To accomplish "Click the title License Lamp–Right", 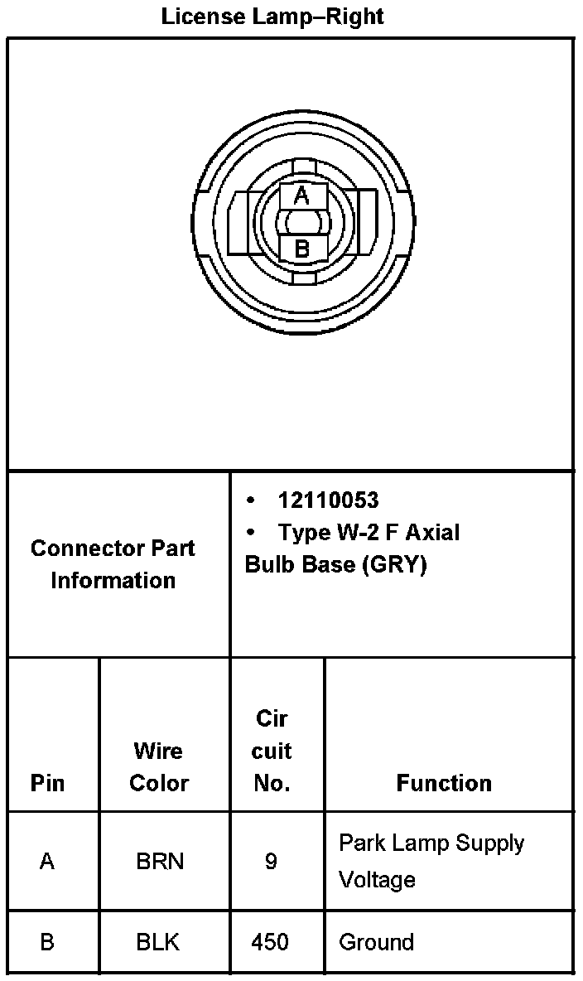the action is coord(272,16).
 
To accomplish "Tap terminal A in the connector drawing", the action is coord(302,196).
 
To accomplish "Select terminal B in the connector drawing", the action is coord(302,248).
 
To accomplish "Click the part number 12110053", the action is coord(328,500).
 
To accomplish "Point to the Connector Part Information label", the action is coord(113,563).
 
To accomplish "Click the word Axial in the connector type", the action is coord(431,532).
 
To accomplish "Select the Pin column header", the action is coord(47,783).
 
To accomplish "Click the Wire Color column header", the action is coord(159,766).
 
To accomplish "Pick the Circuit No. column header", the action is coord(272,751).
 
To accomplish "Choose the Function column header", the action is coord(444,783).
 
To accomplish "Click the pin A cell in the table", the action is coord(47,862).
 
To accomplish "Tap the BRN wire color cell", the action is coord(160,862).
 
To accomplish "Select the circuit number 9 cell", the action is coord(271,862).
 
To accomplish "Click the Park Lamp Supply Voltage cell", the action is coord(431,861).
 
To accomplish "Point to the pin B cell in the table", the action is coord(47,942).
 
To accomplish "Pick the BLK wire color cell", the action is coord(158,942).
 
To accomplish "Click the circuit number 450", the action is coord(271,942).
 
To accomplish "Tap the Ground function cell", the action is coord(377,942).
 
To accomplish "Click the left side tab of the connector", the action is coord(239,223).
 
